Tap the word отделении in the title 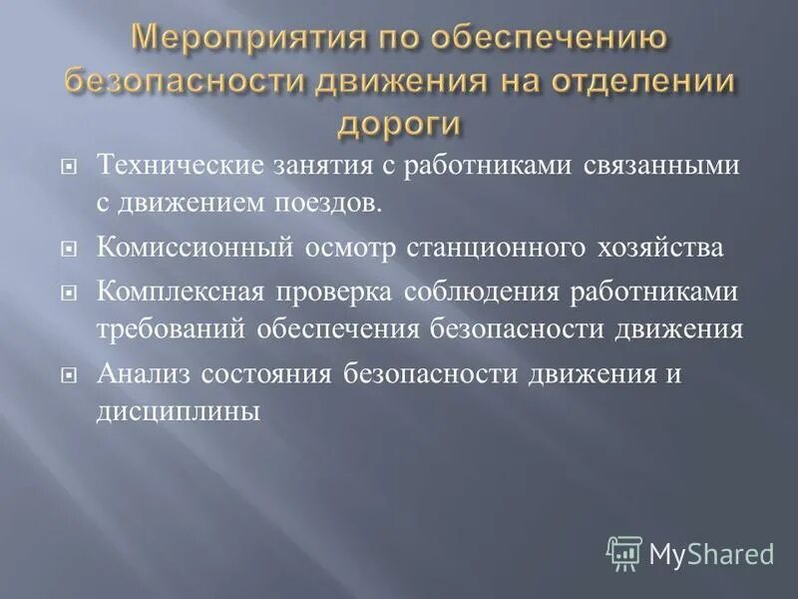[x=636, y=82]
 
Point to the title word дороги [x=399, y=124]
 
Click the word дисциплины [x=179, y=410]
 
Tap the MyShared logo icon [x=624, y=552]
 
